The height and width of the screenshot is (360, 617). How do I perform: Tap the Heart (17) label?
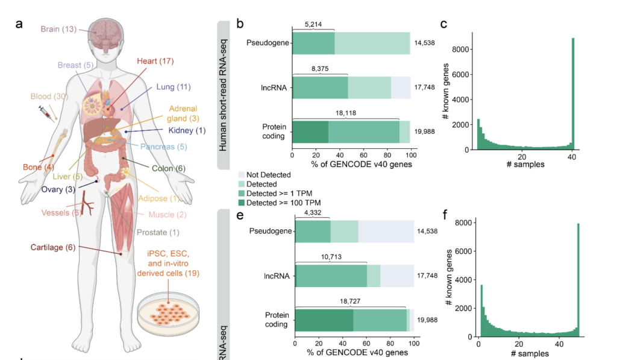point(155,61)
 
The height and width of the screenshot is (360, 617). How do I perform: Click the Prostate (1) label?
point(157,233)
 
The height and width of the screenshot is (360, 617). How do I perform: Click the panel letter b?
point(240,25)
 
